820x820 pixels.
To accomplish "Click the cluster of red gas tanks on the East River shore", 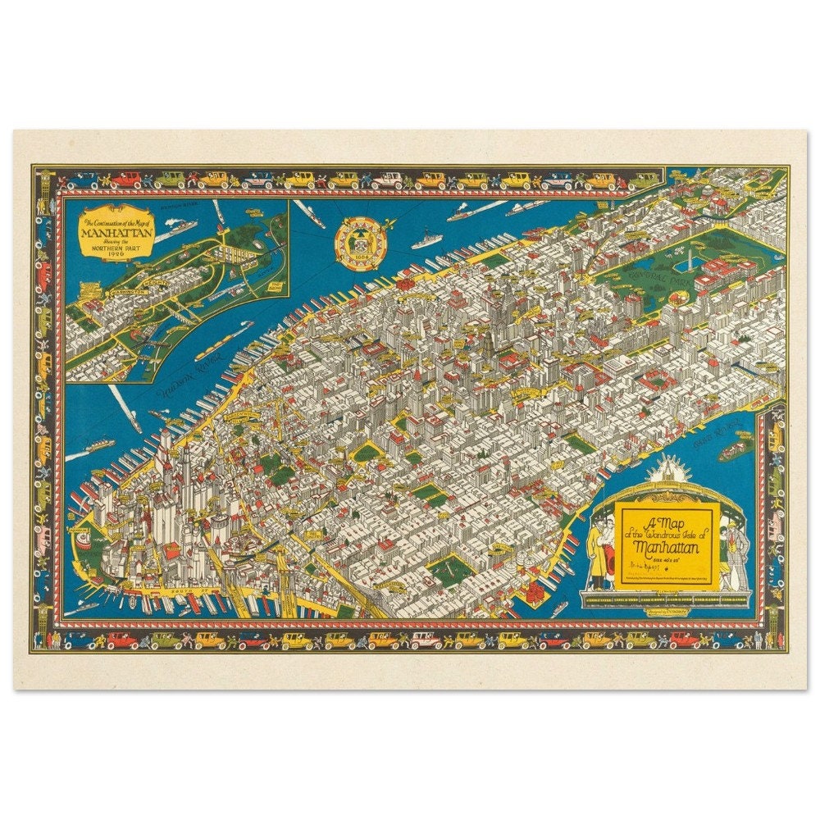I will click(x=534, y=590).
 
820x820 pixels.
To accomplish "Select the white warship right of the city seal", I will click(x=426, y=240).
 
